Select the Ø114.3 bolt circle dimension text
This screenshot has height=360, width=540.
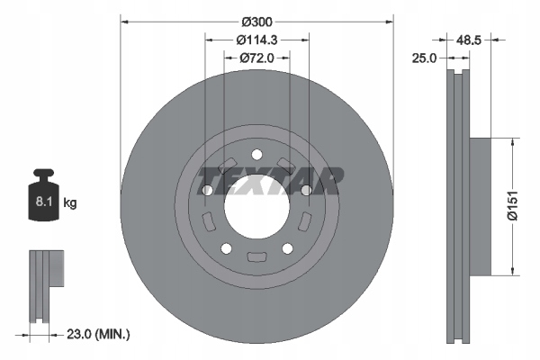257,39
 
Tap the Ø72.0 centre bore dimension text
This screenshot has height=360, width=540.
257,58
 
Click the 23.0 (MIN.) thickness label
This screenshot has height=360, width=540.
100,334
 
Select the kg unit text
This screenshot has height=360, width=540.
70,203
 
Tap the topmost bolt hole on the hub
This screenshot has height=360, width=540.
256,153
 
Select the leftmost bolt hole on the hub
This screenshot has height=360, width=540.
207,190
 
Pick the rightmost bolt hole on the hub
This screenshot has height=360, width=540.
306,190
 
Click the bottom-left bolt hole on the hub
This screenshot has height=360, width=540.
226,248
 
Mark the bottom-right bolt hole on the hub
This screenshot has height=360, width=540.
287,248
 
